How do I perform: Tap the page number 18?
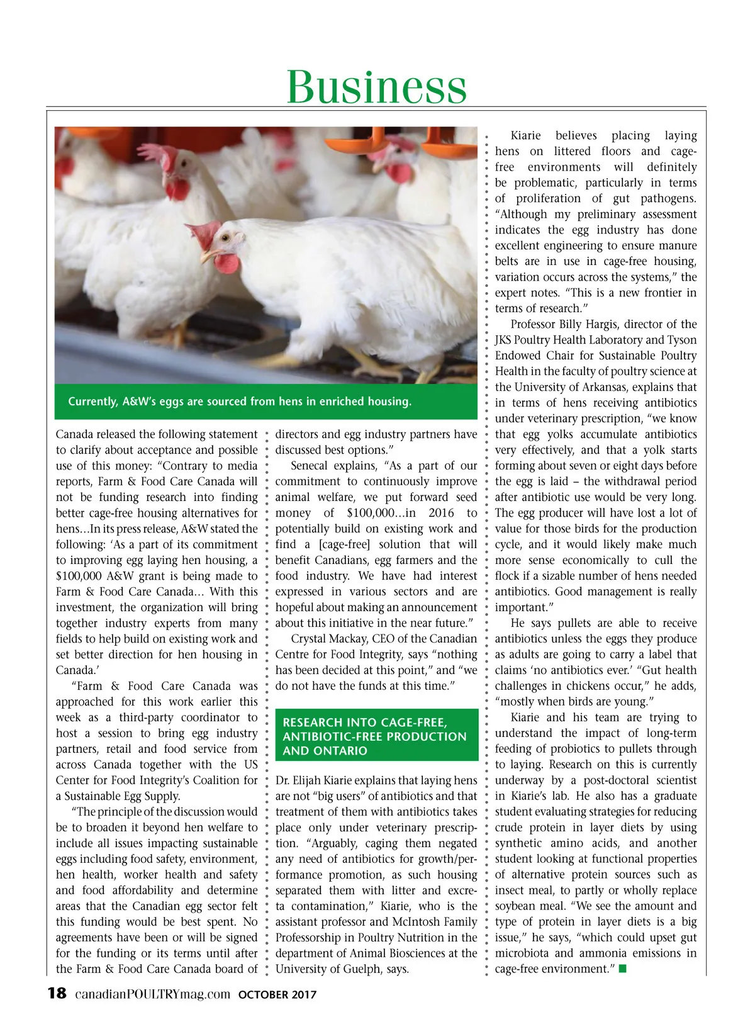[57, 994]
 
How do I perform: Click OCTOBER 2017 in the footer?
[277, 995]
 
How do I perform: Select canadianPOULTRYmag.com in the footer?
[152, 994]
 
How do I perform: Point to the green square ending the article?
[623, 969]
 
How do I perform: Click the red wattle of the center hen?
[227, 263]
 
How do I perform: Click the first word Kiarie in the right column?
[525, 135]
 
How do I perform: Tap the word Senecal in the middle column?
[309, 466]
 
